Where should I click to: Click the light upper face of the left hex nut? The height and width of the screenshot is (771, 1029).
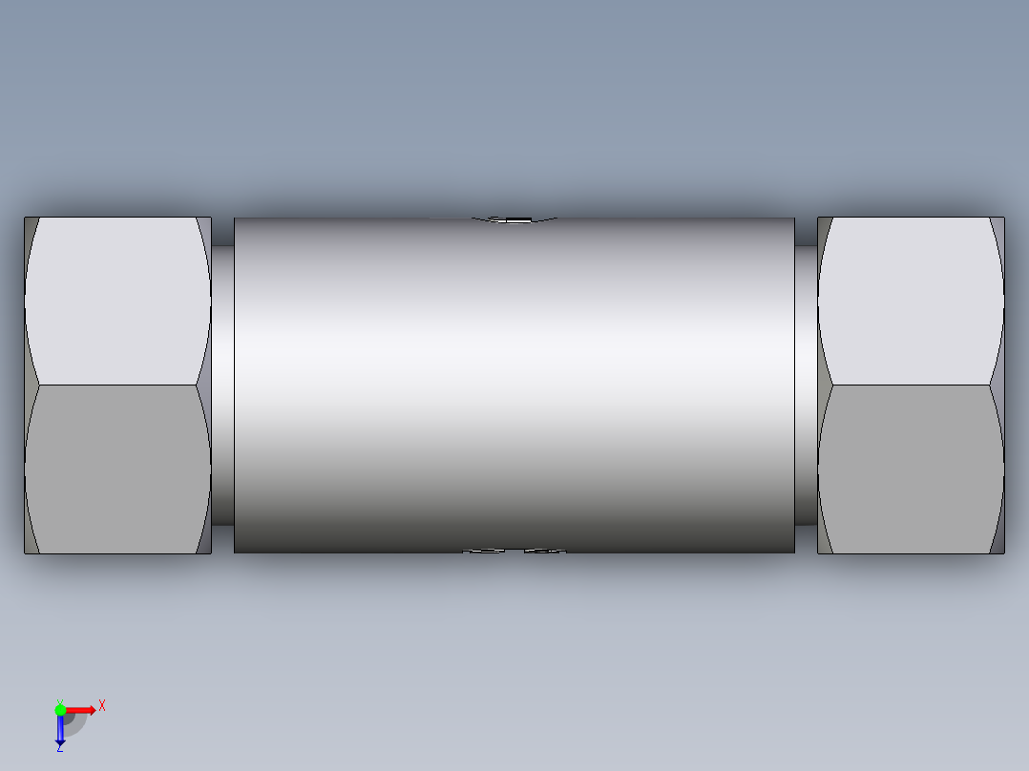tap(117, 301)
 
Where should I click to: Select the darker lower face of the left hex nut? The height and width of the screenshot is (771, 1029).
tap(117, 468)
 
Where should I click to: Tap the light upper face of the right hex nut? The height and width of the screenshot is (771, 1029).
tap(911, 301)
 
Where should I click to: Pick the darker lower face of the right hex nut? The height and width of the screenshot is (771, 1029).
tap(911, 468)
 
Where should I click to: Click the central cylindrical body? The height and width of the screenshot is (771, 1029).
tap(514, 382)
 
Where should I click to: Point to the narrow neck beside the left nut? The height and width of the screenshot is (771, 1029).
tap(222, 382)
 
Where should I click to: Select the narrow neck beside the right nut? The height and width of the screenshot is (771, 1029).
tap(806, 382)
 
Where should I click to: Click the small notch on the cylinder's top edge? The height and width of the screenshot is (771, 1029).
tap(514, 220)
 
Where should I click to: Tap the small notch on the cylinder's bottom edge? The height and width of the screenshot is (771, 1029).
tap(514, 551)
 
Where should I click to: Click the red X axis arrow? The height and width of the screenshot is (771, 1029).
tap(81, 709)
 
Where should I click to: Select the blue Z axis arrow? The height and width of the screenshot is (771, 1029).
tap(60, 730)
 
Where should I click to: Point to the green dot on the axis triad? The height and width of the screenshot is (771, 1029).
tap(60, 709)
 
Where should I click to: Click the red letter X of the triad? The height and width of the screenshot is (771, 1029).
tap(102, 705)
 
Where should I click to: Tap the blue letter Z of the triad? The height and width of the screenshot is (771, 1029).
tap(59, 748)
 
